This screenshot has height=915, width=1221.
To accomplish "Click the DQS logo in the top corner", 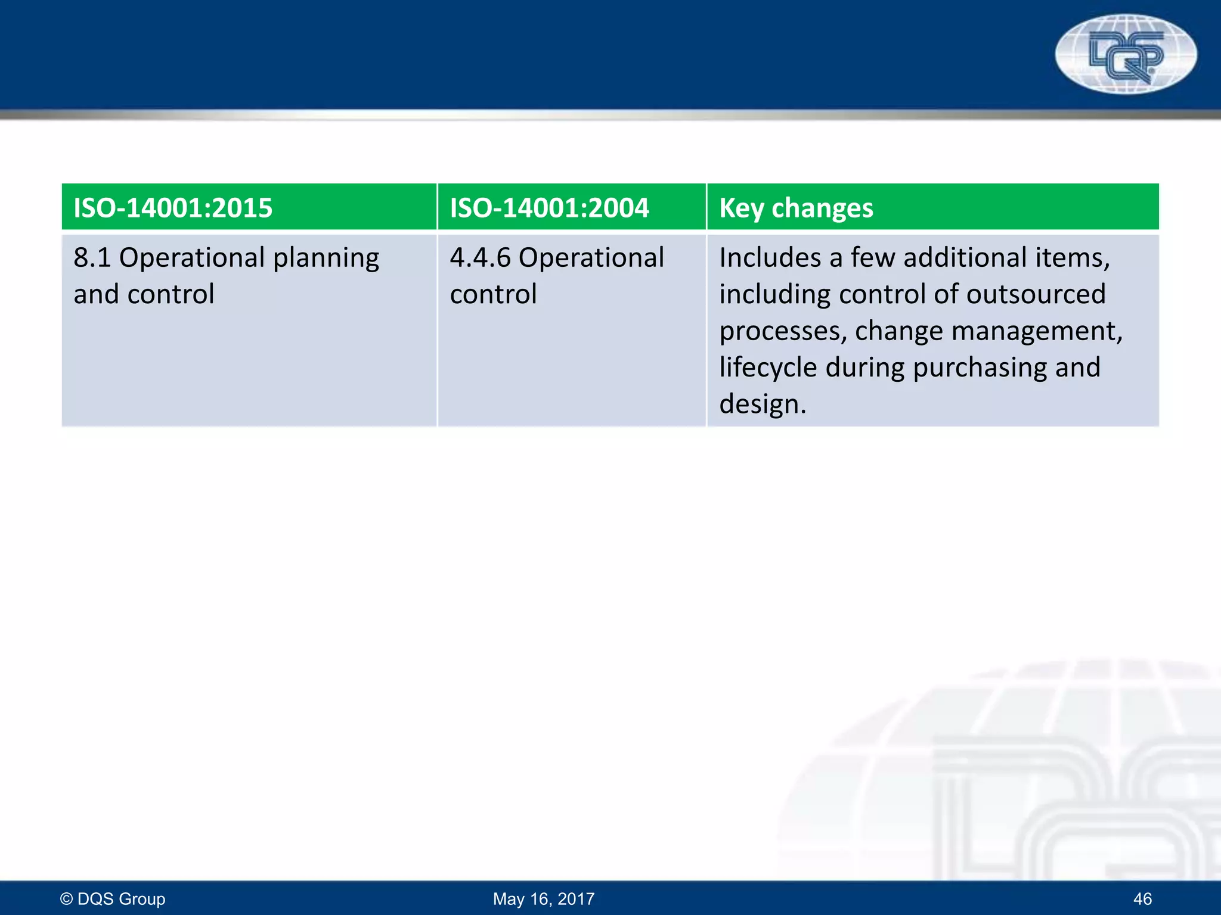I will coord(1126,55).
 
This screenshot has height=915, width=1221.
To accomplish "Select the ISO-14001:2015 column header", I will coord(173,208).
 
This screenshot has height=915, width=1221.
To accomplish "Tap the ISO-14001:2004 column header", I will coord(549,208).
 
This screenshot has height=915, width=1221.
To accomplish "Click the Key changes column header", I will coord(796,208).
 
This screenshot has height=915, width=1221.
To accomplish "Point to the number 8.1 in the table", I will coord(92,258).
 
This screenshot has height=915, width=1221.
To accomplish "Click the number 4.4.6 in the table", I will coord(480,258).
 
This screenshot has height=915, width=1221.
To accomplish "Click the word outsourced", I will coord(1036,294).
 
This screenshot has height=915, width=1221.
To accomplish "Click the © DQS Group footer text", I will coord(113,898).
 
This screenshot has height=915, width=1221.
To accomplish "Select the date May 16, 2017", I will coord(544,898).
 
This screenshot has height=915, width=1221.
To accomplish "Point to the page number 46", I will coord(1142,898).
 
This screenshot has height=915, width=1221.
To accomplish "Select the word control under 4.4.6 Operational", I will coord(493,294).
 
